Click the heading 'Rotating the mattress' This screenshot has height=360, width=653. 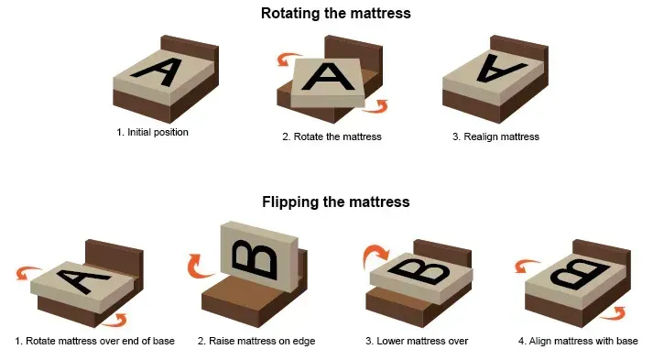point(336,14)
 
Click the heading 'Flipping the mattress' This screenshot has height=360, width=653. point(336,202)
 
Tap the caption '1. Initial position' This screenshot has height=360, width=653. point(152,133)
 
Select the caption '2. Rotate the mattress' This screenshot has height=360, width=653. point(332,136)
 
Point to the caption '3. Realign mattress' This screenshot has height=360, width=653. point(495,136)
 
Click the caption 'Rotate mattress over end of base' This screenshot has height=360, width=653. point(100,341)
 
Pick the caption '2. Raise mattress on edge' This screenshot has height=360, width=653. point(256,341)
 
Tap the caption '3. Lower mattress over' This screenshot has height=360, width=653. point(417,341)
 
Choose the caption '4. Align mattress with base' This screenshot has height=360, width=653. point(578,341)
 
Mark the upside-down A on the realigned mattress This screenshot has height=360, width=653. point(500,68)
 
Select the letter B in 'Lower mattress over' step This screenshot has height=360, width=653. point(419,271)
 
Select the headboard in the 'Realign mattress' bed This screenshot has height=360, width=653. point(519,51)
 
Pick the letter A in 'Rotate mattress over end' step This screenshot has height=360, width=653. point(82,281)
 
